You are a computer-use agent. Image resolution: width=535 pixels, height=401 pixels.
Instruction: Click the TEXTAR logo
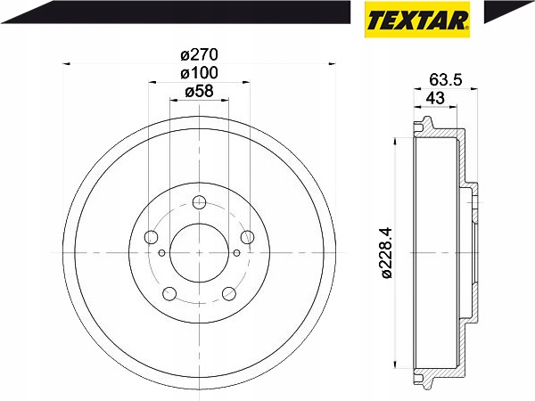point(417,20)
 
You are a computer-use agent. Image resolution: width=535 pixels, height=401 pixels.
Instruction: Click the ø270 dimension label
point(199,54)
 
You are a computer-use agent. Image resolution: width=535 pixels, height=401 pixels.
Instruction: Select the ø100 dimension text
point(199,73)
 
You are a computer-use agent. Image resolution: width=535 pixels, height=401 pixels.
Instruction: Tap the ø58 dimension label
point(199,91)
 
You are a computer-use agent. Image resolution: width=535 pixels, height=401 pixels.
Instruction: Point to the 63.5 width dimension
point(445,80)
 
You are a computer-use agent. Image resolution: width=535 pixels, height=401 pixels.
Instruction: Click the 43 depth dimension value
point(435,98)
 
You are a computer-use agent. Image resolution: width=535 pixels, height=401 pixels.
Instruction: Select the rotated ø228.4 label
point(387,253)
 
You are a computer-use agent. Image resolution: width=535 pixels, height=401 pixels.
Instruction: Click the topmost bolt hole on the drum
point(199,202)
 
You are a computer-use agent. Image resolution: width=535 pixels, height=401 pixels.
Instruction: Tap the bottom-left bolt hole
point(169,293)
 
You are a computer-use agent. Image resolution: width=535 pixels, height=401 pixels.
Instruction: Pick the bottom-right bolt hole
point(229,293)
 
